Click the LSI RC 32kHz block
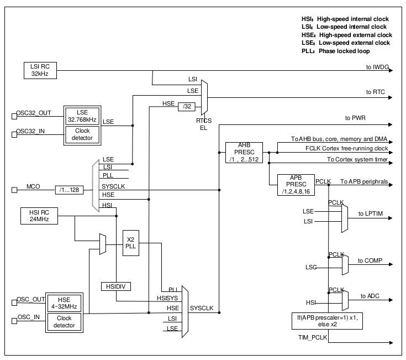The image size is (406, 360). (x=40, y=70)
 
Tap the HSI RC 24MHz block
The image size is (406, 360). (x=39, y=215)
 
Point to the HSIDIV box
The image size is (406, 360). (x=117, y=286)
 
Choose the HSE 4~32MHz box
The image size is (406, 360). (x=64, y=303)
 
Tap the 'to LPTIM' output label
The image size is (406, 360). (x=370, y=213)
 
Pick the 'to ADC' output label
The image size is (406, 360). (x=367, y=296)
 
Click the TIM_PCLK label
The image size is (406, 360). (x=307, y=336)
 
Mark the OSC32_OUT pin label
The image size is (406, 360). (x=34, y=113)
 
